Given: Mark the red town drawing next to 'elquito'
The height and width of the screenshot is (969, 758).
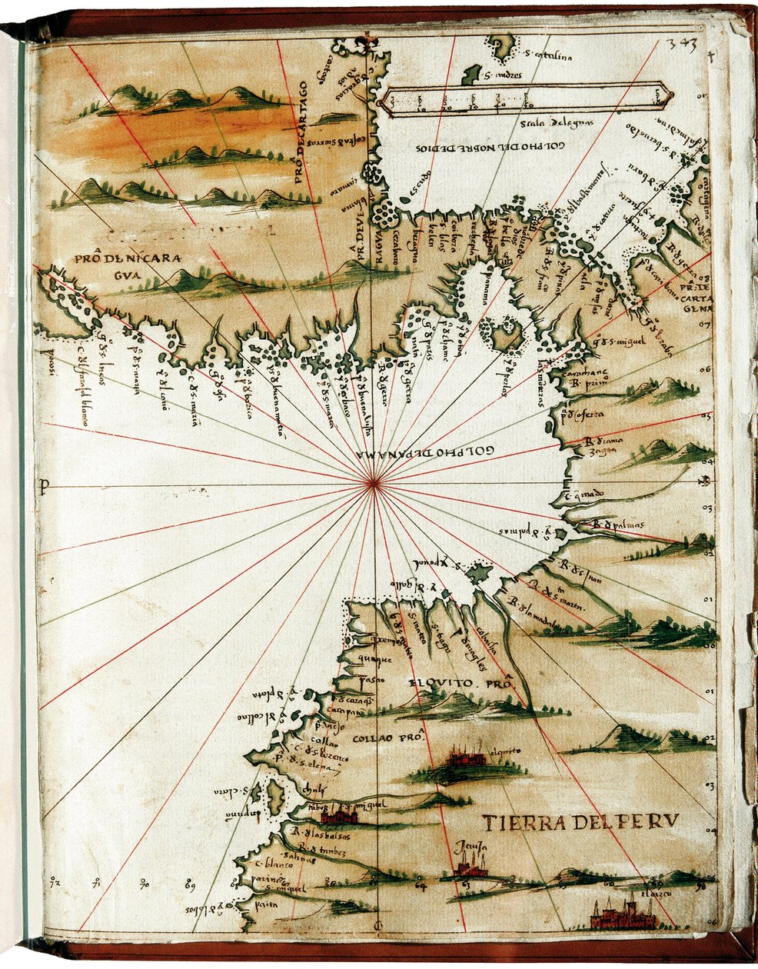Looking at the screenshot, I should click(464, 759).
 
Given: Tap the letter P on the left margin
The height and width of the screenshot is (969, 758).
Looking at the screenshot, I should click(45, 484).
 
